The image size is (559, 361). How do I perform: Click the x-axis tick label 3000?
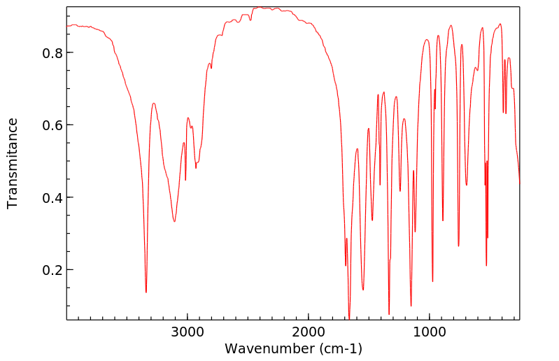(187, 332)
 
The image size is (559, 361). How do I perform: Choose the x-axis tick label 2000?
(309, 332)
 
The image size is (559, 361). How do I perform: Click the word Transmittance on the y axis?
(13, 163)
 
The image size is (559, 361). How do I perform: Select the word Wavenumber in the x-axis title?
(265, 348)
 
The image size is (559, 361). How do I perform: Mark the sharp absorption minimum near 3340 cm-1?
(146, 292)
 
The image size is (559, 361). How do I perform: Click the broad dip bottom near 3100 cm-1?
(174, 222)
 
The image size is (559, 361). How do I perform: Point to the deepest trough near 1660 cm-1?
(349, 317)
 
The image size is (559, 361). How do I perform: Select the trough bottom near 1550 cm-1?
(363, 290)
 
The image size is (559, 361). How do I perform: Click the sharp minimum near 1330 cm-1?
(389, 315)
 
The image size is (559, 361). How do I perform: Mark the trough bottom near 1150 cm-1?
(411, 306)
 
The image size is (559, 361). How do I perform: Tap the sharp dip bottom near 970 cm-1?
(432, 281)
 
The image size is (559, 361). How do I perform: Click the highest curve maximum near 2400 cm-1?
(260, 7)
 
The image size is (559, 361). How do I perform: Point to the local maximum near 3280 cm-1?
(153, 104)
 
